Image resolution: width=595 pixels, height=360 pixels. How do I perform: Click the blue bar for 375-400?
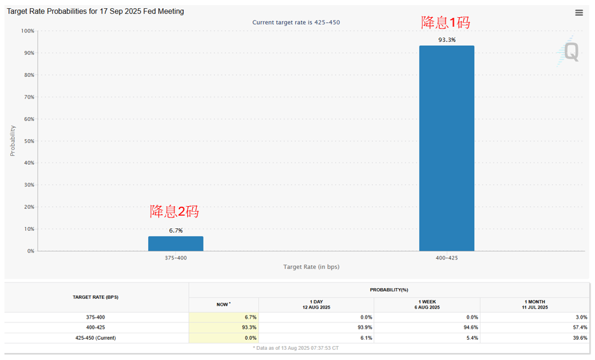(176, 244)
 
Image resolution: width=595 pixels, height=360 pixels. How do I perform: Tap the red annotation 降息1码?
(445, 23)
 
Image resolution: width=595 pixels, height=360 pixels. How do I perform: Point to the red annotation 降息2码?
(174, 212)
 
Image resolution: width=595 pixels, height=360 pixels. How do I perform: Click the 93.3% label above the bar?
(447, 40)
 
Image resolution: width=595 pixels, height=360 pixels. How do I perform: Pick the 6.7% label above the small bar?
(176, 230)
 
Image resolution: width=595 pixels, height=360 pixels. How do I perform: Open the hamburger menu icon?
(578, 13)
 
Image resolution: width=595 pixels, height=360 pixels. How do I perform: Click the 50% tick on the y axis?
(27, 141)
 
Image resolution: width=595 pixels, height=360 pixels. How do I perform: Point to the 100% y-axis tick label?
(27, 31)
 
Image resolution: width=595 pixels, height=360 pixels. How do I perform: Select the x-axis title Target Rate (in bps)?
(311, 267)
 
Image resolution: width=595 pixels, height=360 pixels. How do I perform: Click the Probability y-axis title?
(13, 141)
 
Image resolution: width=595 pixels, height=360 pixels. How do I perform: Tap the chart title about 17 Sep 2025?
(95, 11)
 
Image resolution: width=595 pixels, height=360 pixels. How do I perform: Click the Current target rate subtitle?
(296, 22)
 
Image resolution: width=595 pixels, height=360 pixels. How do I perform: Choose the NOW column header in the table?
(223, 305)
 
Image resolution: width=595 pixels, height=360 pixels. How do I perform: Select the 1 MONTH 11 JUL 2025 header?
(534, 305)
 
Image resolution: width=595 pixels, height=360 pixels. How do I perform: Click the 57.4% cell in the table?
(578, 328)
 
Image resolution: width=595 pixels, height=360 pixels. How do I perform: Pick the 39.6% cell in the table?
(578, 338)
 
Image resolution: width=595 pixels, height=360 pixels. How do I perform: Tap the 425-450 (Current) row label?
(95, 338)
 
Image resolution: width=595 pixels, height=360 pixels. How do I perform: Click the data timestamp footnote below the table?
(296, 348)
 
